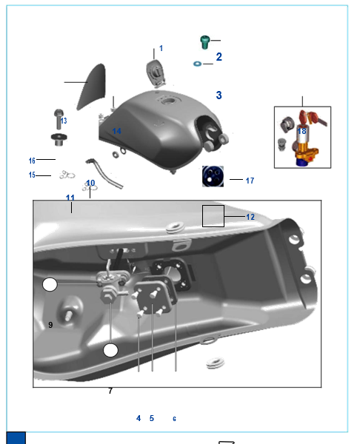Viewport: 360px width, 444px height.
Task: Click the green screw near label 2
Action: (204, 42)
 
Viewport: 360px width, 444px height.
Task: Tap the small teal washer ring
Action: (197, 64)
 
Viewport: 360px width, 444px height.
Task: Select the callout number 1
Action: (161, 48)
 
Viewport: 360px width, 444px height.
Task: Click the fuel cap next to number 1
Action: (156, 73)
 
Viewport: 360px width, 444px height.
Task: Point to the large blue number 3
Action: (219, 95)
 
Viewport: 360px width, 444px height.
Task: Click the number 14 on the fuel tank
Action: (117, 131)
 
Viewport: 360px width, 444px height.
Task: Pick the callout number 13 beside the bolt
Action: (64, 121)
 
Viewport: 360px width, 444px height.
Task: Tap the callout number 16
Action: (32, 161)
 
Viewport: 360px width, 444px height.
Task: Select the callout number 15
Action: (32, 175)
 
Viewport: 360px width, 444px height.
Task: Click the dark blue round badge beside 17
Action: (213, 176)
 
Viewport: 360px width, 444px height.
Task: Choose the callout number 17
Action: (250, 181)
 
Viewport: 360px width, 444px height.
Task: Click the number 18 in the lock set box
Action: (302, 131)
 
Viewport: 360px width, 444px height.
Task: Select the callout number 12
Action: (250, 217)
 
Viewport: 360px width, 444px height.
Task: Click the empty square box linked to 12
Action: (213, 216)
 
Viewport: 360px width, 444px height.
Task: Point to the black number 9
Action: (50, 325)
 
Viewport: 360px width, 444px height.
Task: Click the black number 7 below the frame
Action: (110, 391)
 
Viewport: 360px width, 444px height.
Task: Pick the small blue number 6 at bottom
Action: (174, 419)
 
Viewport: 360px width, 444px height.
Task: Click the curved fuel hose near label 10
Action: (105, 173)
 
